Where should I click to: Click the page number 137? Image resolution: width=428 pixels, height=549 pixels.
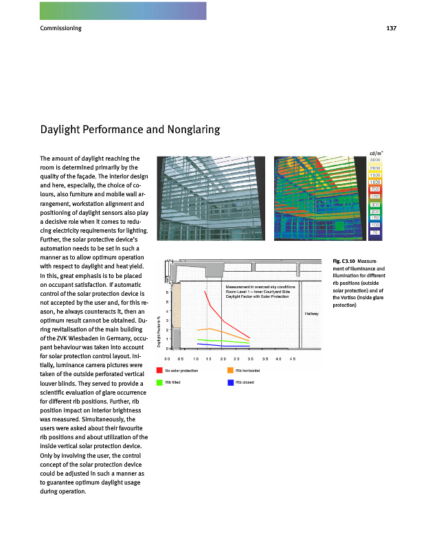coord(392,28)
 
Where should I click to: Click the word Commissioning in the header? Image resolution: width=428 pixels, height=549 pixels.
coord(61,28)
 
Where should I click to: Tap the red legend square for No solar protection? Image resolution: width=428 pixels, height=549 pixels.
coord(159,371)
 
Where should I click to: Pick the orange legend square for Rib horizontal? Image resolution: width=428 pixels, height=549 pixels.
coord(229,371)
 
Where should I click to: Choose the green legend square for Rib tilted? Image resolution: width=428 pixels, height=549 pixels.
coord(159,382)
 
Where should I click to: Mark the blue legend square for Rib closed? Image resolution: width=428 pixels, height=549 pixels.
coord(229,382)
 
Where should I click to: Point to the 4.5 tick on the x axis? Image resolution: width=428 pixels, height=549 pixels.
coord(292,359)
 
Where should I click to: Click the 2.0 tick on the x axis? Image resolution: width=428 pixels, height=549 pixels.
coord(223,359)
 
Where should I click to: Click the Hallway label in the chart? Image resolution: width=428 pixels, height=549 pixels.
coord(311,314)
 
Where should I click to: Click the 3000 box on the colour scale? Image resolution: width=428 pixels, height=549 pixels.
coord(375,159)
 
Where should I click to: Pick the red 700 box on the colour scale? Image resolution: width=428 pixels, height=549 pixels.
coord(375,189)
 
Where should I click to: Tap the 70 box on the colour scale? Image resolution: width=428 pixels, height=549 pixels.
coord(375,233)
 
